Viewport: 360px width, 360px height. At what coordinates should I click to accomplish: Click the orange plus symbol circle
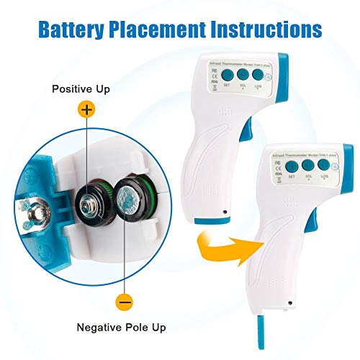click(86, 110)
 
